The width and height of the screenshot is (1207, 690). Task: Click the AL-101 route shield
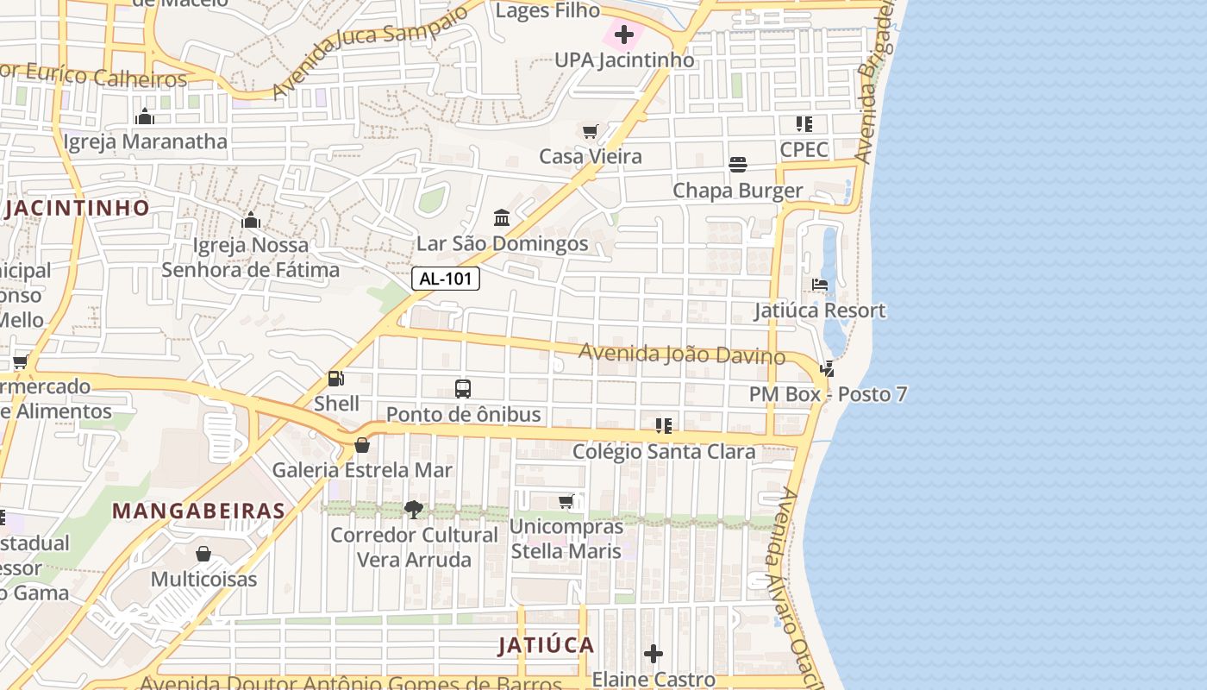446,279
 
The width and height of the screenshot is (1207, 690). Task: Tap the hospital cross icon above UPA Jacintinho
624,34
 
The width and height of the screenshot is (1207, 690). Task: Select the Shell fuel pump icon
335,378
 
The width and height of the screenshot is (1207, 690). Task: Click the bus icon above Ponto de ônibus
463,388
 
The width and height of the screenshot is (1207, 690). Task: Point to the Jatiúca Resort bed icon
820,285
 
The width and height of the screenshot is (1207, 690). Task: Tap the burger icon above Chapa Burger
737,165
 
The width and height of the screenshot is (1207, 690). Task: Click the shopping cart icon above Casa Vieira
591,131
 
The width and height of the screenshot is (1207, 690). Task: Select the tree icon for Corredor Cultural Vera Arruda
414,509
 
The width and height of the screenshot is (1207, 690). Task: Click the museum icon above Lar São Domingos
502,217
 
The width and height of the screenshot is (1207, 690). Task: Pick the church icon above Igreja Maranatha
145,116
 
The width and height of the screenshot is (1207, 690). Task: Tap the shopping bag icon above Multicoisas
203,553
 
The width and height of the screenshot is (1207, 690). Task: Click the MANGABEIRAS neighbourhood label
198,511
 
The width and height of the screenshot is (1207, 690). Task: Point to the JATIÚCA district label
547,645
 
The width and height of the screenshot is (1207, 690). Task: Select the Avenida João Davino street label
681,354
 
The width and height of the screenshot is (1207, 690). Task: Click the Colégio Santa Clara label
664,451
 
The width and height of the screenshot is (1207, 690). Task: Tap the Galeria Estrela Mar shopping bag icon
362,445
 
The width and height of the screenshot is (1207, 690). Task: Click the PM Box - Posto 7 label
828,394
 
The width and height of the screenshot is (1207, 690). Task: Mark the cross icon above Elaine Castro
654,654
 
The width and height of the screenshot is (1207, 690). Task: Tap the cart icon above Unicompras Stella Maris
566,501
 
